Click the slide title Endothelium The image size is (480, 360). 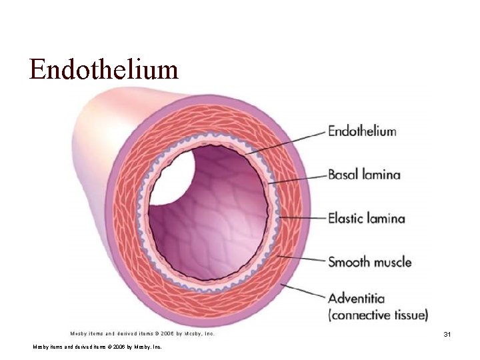pos(103,69)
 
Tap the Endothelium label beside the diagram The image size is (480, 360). pos(362,131)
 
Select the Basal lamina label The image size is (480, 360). pos(364,175)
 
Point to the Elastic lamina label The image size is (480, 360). pos(366,219)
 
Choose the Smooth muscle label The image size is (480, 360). pos(369,262)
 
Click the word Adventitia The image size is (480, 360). pos(356,298)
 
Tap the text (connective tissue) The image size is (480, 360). pos(378,315)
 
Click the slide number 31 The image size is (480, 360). pos(447,334)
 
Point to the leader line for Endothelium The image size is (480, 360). pos(287,143)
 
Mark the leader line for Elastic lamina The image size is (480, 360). pos(301,217)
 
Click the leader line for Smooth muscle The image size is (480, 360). pos(301,259)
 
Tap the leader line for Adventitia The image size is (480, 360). pos(304,291)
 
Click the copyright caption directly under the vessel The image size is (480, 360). pos(142,333)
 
